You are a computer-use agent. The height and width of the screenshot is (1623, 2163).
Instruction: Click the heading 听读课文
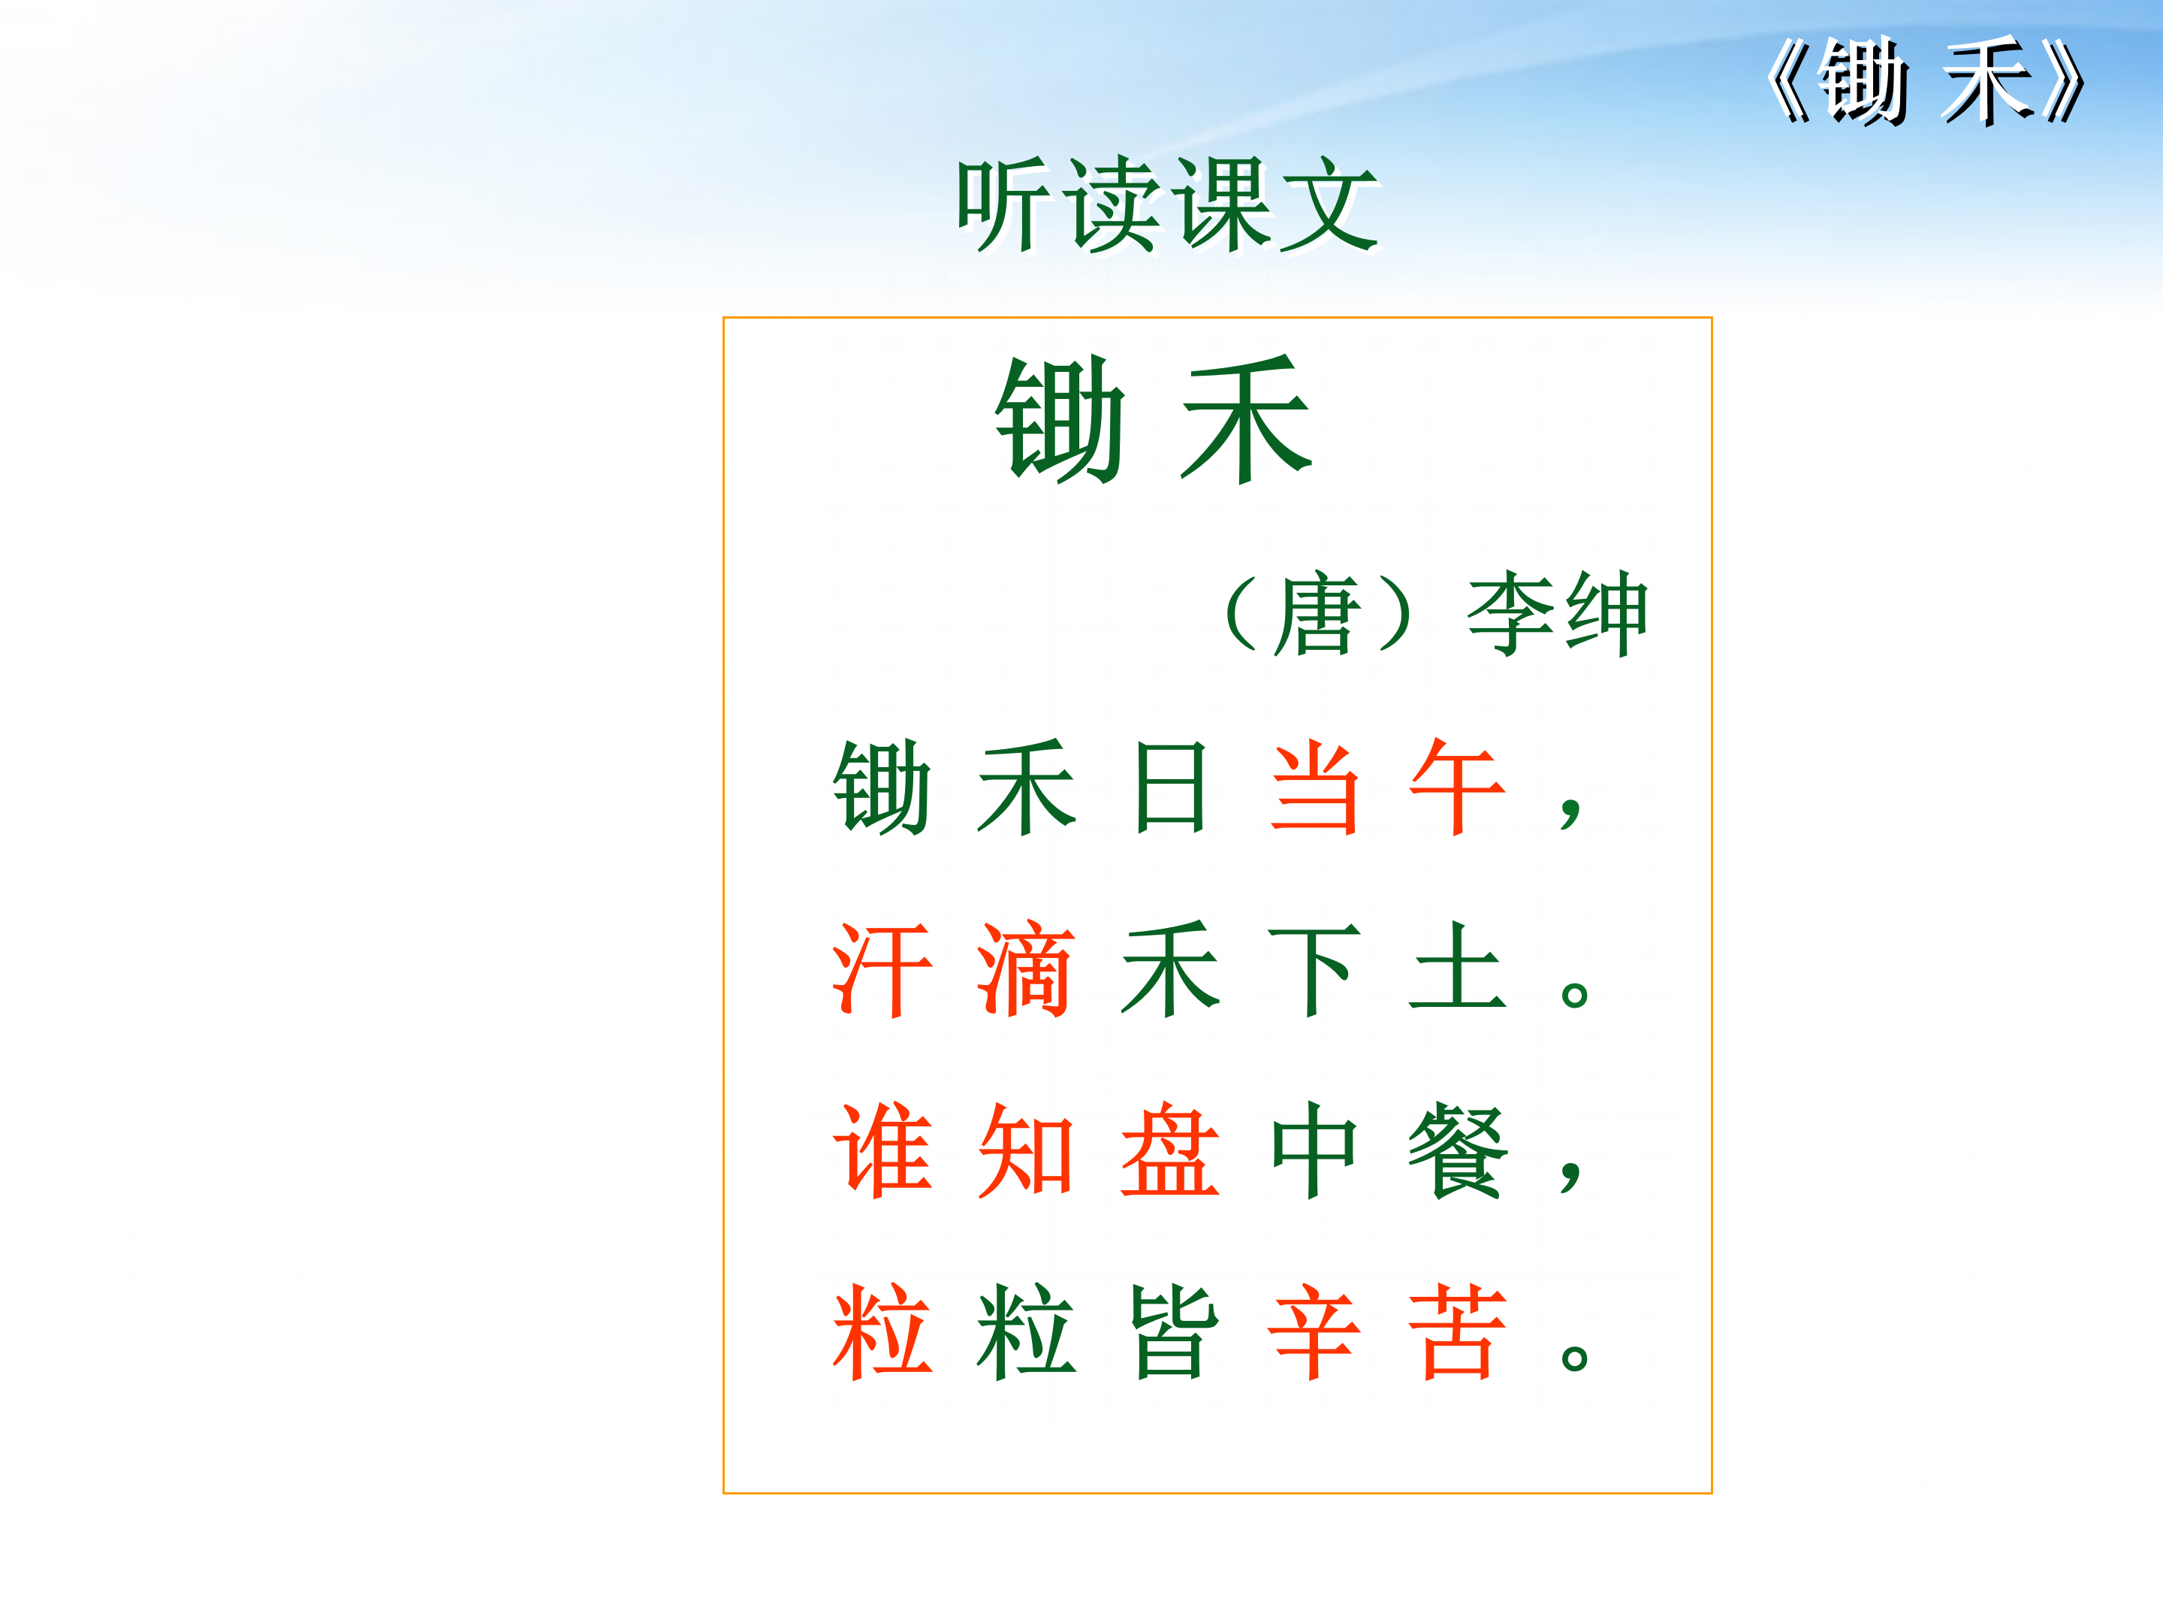tap(1168, 205)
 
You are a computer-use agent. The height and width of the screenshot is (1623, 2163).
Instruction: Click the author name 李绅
tap(1557, 613)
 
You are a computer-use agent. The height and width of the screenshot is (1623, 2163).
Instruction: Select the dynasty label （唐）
tap(1318, 613)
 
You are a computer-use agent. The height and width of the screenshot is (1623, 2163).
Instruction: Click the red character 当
tap(1314, 787)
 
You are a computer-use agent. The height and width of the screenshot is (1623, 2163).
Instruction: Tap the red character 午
tap(1457, 787)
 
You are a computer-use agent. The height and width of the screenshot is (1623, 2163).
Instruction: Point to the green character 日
tap(1169, 787)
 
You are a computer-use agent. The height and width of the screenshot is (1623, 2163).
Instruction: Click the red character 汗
tap(882, 969)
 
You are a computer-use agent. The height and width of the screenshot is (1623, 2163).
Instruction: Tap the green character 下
tap(1314, 969)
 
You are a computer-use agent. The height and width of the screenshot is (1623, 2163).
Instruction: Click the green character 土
tap(1457, 969)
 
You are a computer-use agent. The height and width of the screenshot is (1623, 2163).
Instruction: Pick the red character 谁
tap(882, 1150)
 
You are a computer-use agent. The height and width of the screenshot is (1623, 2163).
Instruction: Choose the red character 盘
tap(1169, 1150)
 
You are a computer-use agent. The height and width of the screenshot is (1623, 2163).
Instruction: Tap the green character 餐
tap(1457, 1150)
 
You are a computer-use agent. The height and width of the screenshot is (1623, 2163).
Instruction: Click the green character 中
tap(1314, 1150)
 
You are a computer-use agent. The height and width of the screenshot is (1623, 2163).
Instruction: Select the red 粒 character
tap(882, 1331)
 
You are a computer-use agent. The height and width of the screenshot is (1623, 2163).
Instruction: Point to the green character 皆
tap(1169, 1331)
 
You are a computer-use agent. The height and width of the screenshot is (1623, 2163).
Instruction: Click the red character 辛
tap(1314, 1331)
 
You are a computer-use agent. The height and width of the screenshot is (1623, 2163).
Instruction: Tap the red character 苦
tap(1457, 1331)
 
